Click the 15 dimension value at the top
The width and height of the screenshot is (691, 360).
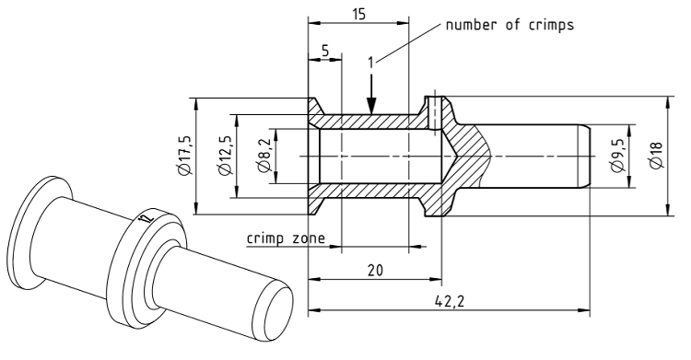click(359, 14)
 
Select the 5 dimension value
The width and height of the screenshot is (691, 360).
click(325, 52)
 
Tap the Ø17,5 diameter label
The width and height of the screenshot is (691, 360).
click(184, 155)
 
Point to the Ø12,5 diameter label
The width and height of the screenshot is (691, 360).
click(225, 156)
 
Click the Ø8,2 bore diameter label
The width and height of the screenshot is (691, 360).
click(264, 156)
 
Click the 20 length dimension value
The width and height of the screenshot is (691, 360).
click(376, 270)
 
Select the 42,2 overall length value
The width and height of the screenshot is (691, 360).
click(450, 301)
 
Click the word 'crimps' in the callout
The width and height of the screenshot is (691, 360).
click(551, 26)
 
